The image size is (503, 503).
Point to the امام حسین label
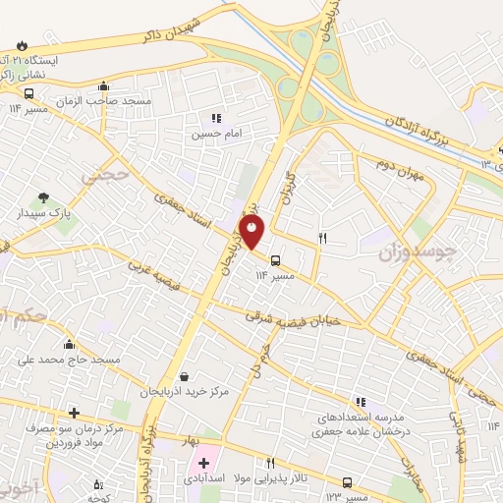tap(215, 132)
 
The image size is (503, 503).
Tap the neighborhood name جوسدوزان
tap(419, 252)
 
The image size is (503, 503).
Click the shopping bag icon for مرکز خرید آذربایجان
tap(185, 376)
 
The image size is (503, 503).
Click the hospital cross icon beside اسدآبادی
tap(203, 463)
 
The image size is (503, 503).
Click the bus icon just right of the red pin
tap(275, 261)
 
